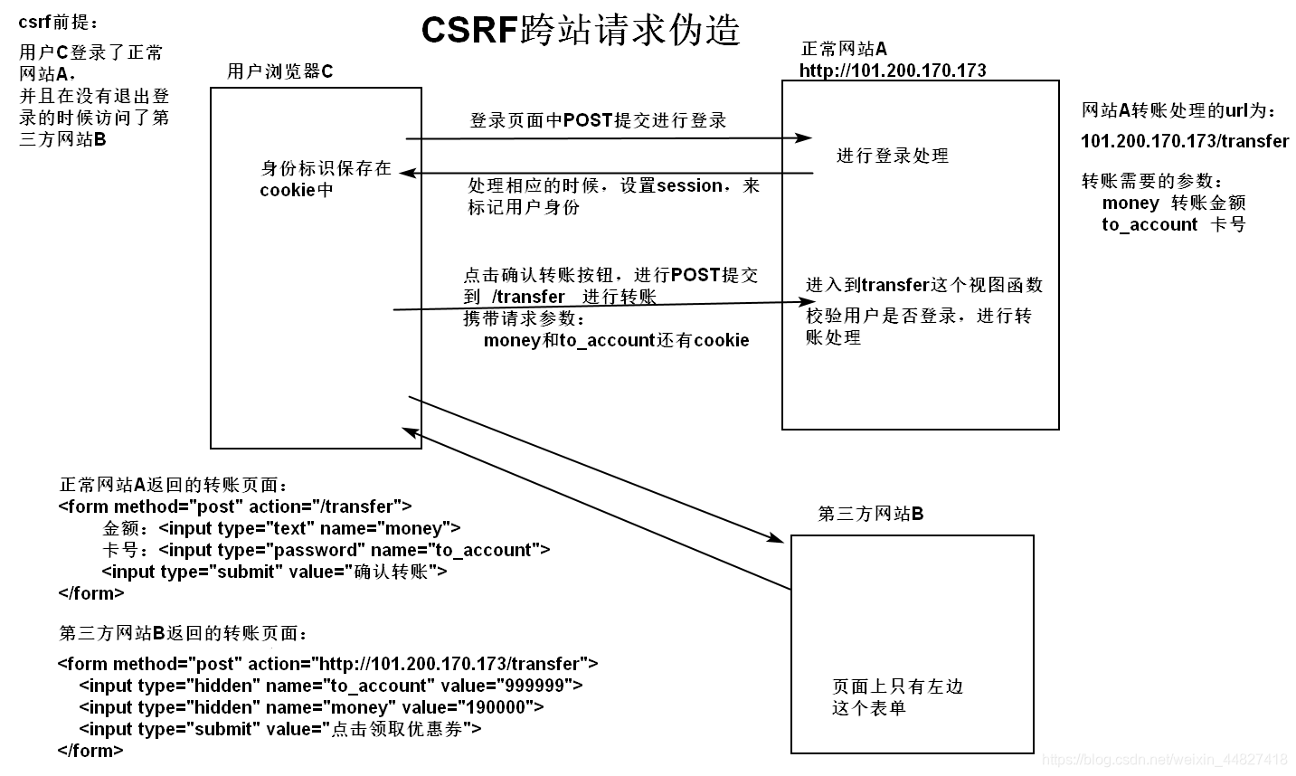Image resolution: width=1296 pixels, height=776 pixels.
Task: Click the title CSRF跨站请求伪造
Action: (581, 30)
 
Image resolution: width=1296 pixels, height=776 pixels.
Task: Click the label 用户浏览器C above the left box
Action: (279, 71)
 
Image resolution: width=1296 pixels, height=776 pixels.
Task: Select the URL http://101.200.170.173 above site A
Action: (893, 71)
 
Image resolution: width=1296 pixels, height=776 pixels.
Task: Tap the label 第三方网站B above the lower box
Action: (870, 514)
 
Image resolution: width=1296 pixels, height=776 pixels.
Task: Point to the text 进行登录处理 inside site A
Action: (892, 156)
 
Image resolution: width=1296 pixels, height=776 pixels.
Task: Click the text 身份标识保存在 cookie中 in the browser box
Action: (326, 178)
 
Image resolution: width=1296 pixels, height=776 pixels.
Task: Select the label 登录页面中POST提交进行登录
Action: (598, 120)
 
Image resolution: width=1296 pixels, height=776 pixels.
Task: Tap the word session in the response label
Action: (689, 185)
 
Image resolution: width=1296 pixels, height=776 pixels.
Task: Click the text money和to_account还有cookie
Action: (616, 340)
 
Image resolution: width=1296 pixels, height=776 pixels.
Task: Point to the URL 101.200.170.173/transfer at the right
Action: (1184, 141)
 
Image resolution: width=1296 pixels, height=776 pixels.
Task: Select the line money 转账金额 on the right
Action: (1173, 203)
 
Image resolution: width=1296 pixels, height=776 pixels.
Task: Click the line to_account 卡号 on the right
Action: (1173, 224)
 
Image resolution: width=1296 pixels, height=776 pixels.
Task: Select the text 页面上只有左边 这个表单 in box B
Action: (897, 696)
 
